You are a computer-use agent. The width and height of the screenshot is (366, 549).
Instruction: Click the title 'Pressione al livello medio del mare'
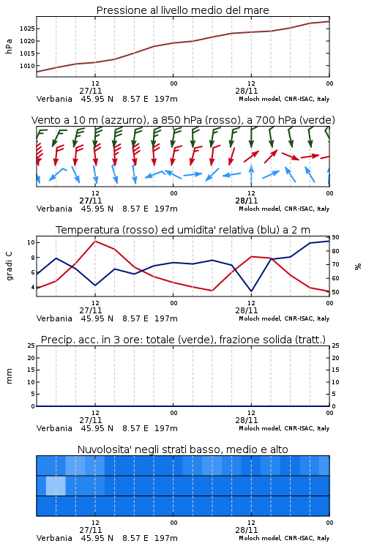click(x=182, y=10)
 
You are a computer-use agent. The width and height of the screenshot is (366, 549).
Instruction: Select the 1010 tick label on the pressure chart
click(x=27, y=66)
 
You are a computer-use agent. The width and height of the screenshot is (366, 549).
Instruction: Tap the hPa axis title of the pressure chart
click(x=9, y=46)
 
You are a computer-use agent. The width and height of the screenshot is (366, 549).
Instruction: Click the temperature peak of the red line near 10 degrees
click(x=95, y=241)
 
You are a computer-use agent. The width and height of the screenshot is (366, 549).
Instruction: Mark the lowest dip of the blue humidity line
click(x=251, y=291)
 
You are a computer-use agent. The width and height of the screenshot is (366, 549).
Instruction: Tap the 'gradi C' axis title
click(x=10, y=266)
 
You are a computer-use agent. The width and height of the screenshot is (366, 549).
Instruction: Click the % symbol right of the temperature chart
click(x=358, y=266)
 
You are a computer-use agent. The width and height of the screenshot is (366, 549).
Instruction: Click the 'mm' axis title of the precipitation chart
click(x=10, y=376)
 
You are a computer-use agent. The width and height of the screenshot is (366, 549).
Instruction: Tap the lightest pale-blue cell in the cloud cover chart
click(x=56, y=485)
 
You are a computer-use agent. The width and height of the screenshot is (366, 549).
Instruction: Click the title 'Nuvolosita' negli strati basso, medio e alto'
click(x=182, y=449)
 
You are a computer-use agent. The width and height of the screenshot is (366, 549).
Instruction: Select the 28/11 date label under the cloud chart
click(x=247, y=530)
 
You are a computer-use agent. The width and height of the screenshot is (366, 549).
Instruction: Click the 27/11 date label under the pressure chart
click(x=91, y=91)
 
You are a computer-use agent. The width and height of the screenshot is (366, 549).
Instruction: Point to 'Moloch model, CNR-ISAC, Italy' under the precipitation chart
click(x=284, y=428)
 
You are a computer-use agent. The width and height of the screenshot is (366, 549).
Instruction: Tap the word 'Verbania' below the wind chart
click(x=54, y=209)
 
